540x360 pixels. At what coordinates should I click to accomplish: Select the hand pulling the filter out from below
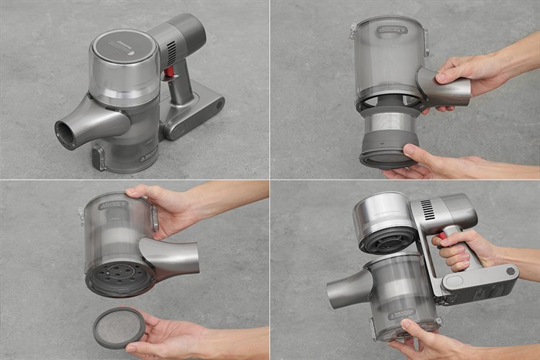click(432, 162)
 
